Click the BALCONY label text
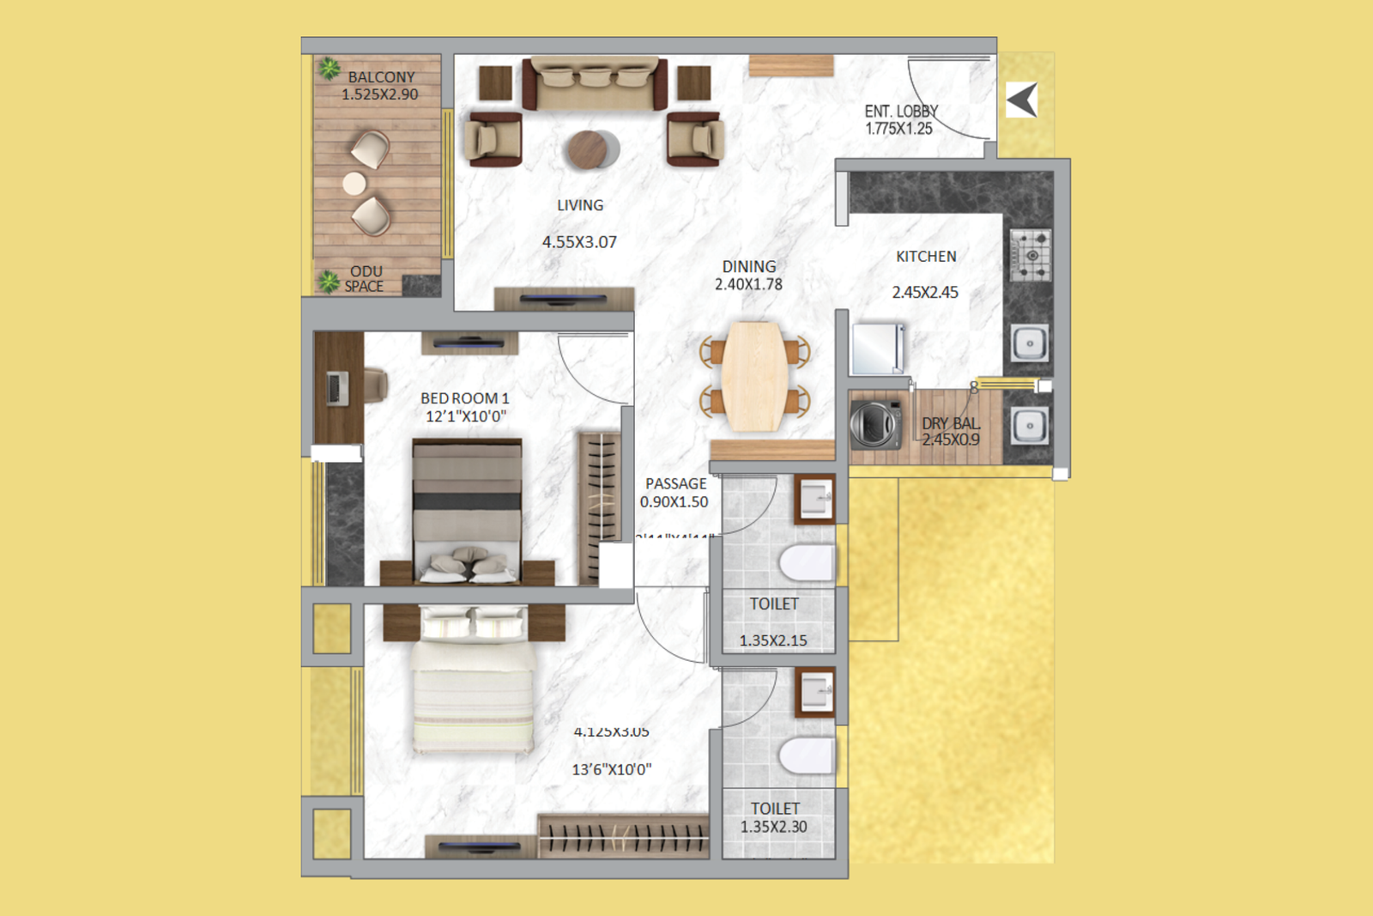pyautogui.click(x=381, y=77)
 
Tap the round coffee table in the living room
pyautogui.click(x=590, y=149)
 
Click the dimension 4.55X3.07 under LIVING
pyautogui.click(x=579, y=242)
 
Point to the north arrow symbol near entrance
pyautogui.click(x=1022, y=100)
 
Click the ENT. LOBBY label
pyautogui.click(x=900, y=112)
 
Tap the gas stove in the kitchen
pyautogui.click(x=1030, y=255)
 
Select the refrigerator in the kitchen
pyautogui.click(x=877, y=348)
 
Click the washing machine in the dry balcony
pyautogui.click(x=874, y=423)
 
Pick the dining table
pyautogui.click(x=754, y=376)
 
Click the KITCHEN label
pyautogui.click(x=926, y=257)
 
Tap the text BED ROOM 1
pyautogui.click(x=464, y=398)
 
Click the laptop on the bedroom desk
pyautogui.click(x=337, y=388)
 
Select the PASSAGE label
pyautogui.click(x=676, y=484)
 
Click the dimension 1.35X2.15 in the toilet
pyautogui.click(x=773, y=640)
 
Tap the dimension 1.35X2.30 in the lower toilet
pyautogui.click(x=774, y=827)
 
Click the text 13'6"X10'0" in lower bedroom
pyautogui.click(x=612, y=770)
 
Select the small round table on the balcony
pyautogui.click(x=354, y=183)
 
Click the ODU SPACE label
pyautogui.click(x=365, y=279)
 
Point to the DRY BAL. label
pyautogui.click(x=951, y=423)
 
